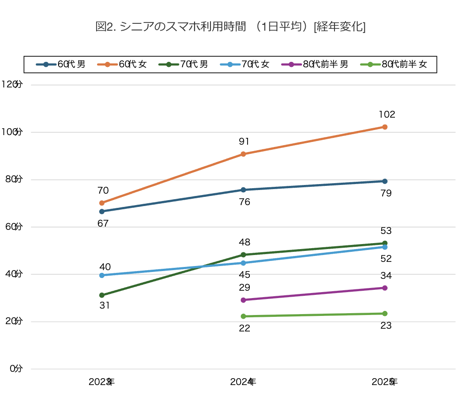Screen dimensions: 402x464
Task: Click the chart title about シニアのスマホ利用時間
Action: click(230, 27)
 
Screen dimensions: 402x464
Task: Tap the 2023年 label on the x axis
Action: click(101, 382)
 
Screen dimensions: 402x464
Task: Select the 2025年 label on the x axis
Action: click(384, 382)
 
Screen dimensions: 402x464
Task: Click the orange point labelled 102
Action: click(385, 127)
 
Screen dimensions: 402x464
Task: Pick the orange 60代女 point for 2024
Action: click(243, 154)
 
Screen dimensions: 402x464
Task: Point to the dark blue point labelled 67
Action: click(102, 212)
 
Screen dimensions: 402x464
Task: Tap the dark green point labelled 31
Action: click(102, 295)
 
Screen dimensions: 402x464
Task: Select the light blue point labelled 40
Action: click(102, 275)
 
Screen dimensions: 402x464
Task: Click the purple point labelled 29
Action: click(243, 300)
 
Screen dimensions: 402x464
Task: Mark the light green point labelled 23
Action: click(385, 314)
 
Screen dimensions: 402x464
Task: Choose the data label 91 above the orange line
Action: click(244, 142)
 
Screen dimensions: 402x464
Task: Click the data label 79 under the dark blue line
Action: click(386, 194)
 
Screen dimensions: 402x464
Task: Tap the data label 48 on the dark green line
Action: click(244, 243)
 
